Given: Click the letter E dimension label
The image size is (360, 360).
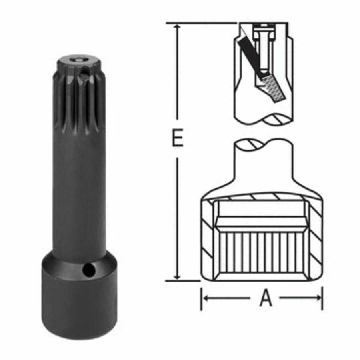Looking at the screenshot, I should [x=177, y=138].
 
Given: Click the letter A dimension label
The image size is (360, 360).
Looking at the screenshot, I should [x=266, y=298].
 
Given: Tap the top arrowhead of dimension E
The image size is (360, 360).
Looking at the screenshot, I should [x=177, y=26].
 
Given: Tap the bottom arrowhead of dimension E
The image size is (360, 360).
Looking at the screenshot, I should [x=177, y=277].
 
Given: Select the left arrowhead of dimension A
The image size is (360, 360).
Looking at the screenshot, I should [x=205, y=298].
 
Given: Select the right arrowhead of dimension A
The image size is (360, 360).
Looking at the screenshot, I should [x=319, y=298].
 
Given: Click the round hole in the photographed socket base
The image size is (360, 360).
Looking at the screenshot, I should [x=86, y=270].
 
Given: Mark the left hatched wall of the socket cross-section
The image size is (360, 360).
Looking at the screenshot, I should [x=208, y=240].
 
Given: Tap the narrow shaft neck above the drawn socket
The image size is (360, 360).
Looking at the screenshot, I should [x=264, y=160].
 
